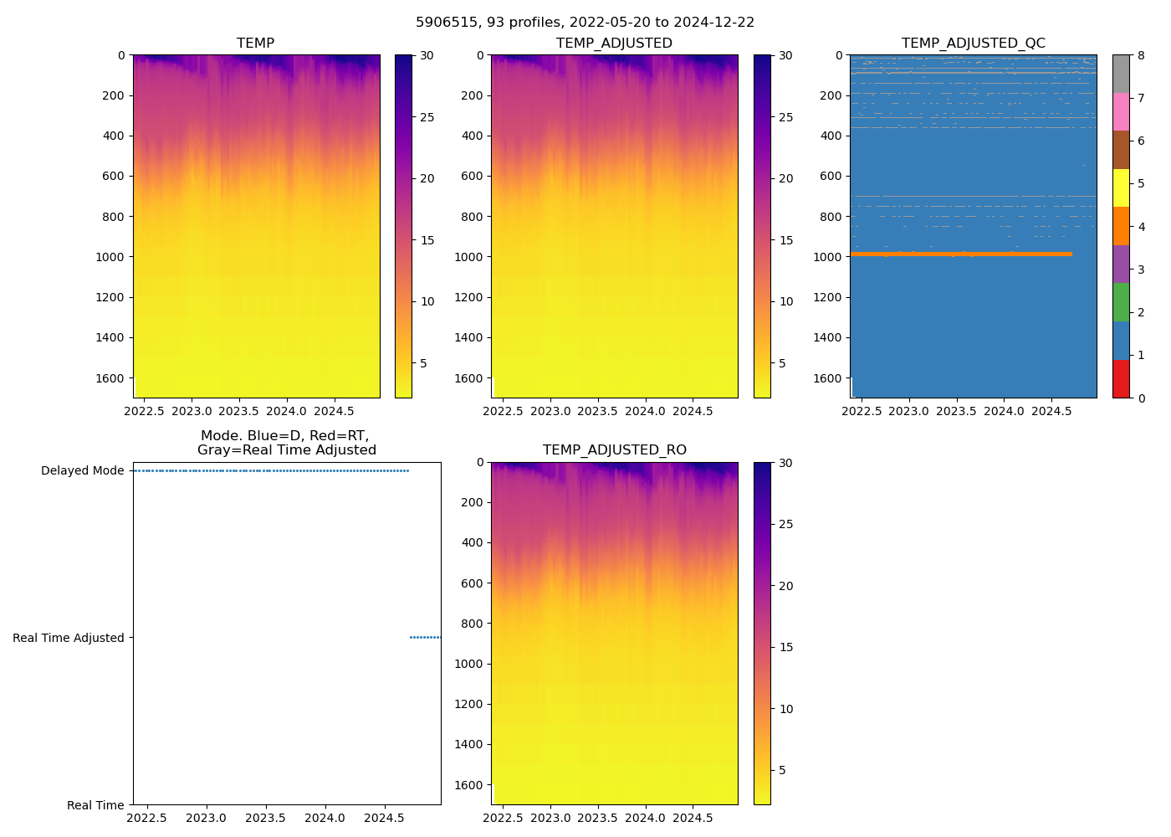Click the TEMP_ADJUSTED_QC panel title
[x=973, y=43]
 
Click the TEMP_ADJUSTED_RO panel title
[x=614, y=450]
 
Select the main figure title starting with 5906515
[x=585, y=23]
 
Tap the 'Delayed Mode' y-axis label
[x=82, y=470]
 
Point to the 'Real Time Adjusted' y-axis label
[x=68, y=638]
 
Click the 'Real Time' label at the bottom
[x=95, y=805]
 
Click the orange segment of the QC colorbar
[x=1121, y=226]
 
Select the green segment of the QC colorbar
[x=1121, y=301]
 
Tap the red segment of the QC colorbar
[x=1121, y=378]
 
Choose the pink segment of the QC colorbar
[x=1121, y=111]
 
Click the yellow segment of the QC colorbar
[x=1121, y=187]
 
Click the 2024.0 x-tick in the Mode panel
[x=325, y=818]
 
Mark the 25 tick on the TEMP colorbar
[x=427, y=117]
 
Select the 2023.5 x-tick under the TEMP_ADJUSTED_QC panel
[x=956, y=411]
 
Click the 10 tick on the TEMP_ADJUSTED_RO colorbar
[x=785, y=709]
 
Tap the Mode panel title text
[x=286, y=443]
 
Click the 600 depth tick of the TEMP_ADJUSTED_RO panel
[x=473, y=583]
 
